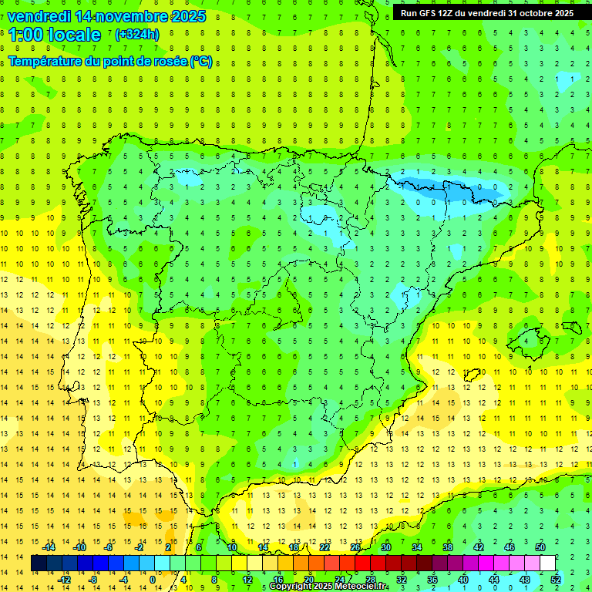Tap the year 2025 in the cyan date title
click(184, 15)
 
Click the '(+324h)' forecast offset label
click(137, 35)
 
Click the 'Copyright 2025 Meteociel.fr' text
click(328, 587)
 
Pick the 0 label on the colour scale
click(153, 580)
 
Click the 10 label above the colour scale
click(231, 547)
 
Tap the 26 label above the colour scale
click(355, 547)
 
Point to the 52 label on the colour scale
click(556, 580)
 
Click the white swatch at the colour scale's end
click(547, 563)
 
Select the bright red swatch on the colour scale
click(362, 563)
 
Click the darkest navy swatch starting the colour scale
click(39, 563)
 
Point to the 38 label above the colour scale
click(447, 547)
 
